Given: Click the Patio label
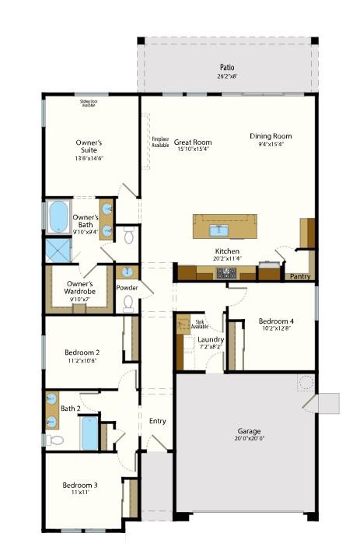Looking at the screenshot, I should pyautogui.click(x=227, y=68).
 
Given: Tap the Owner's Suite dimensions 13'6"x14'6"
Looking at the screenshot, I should pyautogui.click(x=89, y=158).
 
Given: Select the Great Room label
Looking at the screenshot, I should pyautogui.click(x=192, y=142).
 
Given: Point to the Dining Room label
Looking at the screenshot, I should pyautogui.click(x=271, y=136).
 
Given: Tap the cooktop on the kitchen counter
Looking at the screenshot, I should pyautogui.click(x=226, y=273).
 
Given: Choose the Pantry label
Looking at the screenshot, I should pyautogui.click(x=299, y=276).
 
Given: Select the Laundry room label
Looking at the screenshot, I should pyautogui.click(x=211, y=340).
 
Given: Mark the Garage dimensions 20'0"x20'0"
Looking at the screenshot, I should pyautogui.click(x=249, y=438).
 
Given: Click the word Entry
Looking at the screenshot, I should pyautogui.click(x=157, y=421).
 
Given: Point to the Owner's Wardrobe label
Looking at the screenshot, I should pyautogui.click(x=80, y=288).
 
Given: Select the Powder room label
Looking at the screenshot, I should pyautogui.click(x=128, y=287).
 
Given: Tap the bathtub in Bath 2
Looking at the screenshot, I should pyautogui.click(x=90, y=433).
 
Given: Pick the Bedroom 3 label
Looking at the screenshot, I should pyautogui.click(x=80, y=486).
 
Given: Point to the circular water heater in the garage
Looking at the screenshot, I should pyautogui.click(x=305, y=382).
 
